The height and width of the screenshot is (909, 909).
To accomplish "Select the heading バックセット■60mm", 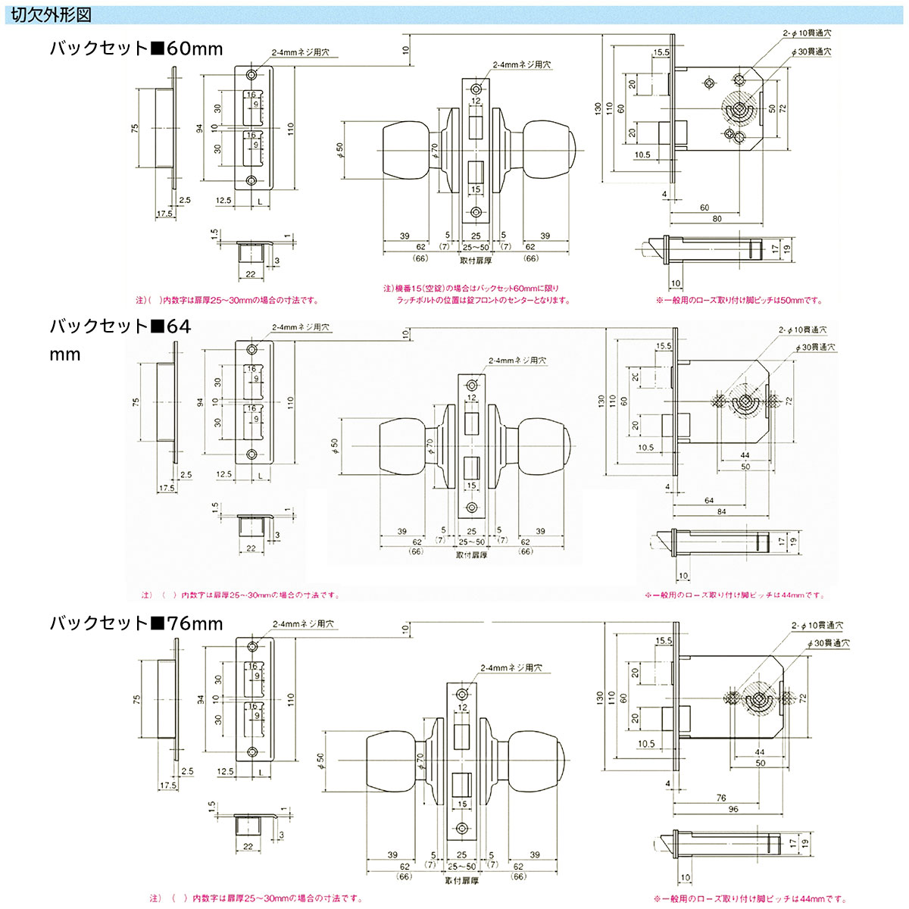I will [136, 49].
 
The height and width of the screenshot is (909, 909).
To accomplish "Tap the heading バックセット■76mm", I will [136, 623].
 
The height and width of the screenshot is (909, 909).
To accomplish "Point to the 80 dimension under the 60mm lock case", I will [716, 219].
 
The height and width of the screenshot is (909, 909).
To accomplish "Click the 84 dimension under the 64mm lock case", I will [721, 512].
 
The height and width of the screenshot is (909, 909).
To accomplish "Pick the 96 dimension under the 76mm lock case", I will [733, 809].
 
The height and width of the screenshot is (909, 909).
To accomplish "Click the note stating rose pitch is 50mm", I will [739, 300].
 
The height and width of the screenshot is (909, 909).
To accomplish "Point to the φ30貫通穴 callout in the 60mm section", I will [810, 52].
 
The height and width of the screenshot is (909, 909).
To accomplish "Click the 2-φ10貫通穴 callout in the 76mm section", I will [817, 626].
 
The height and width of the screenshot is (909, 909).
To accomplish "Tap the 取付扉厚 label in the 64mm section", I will [471, 555].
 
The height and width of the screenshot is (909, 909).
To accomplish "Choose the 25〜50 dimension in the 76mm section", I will [462, 866].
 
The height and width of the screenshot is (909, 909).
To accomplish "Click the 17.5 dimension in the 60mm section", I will [164, 214].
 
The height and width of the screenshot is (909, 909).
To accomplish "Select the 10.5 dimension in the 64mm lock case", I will [645, 448].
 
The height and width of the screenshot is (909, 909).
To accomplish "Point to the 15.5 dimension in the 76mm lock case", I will [664, 641].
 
